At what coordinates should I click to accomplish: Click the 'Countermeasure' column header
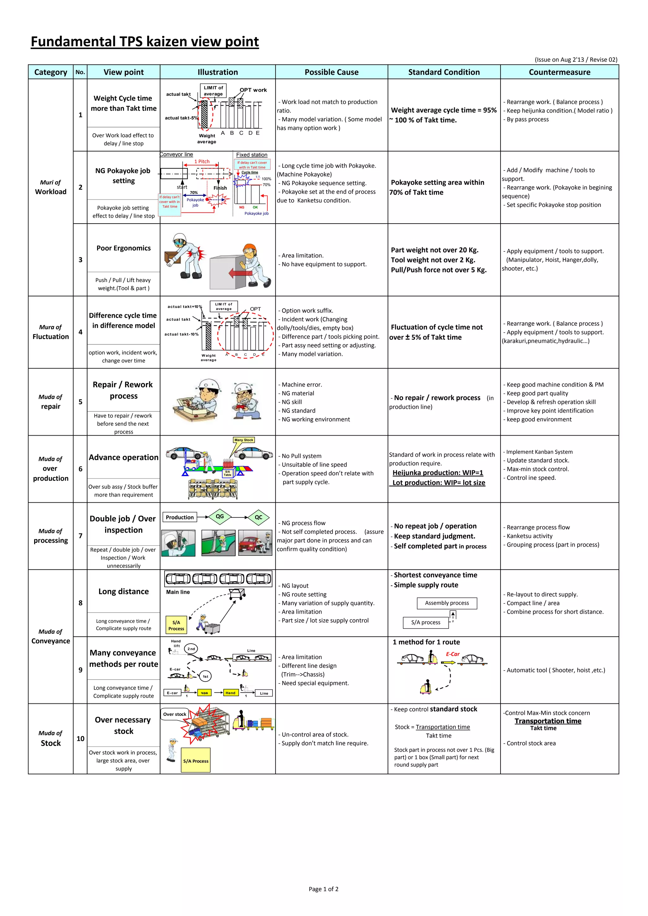click(x=559, y=72)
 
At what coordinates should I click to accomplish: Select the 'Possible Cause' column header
click(x=331, y=72)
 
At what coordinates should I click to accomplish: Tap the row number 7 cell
click(x=80, y=536)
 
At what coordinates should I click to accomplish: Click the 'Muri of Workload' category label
click(x=51, y=187)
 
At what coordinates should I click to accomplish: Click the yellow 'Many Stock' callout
click(x=244, y=440)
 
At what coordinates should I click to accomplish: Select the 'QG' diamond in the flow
click(x=220, y=517)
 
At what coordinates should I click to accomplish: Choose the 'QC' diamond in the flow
click(x=259, y=517)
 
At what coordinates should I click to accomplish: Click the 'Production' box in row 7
click(x=180, y=517)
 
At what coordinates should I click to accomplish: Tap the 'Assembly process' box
click(x=447, y=603)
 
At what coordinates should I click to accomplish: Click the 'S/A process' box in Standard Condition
click(x=426, y=622)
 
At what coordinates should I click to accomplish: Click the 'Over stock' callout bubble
click(x=175, y=714)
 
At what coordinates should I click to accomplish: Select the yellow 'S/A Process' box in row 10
click(x=196, y=761)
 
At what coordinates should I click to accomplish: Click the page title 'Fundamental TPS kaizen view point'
click(x=145, y=41)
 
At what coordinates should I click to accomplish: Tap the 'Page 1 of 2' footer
click(x=324, y=889)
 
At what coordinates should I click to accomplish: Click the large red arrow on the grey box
click(x=240, y=273)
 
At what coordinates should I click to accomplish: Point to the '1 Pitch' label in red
click(x=202, y=162)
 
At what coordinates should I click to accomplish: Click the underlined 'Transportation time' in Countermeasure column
click(x=548, y=721)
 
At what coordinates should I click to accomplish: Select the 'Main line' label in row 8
click(x=178, y=592)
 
